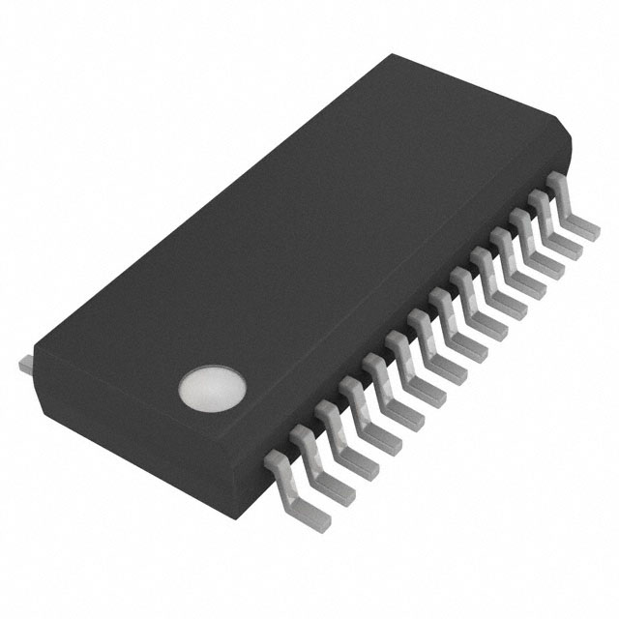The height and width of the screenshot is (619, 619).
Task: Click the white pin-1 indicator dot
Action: (x=212, y=387)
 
